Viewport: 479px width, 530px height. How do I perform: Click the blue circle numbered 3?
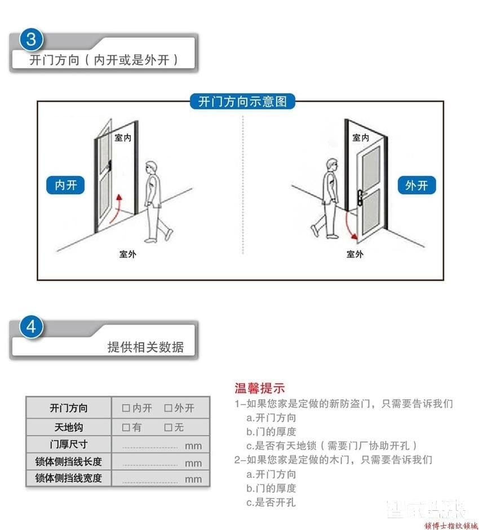click(x=32, y=39)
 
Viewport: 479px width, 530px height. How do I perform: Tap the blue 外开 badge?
click(x=416, y=185)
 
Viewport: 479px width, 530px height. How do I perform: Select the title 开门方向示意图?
click(x=242, y=101)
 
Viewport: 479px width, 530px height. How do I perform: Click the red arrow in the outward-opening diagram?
click(x=352, y=225)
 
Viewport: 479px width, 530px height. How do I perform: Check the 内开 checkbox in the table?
click(x=126, y=408)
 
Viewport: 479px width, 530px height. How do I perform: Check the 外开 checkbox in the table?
click(x=168, y=408)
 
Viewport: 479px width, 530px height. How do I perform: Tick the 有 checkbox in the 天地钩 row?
click(x=126, y=427)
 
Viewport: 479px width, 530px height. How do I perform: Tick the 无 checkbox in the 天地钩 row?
click(x=168, y=427)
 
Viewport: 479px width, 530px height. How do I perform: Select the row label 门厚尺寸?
click(x=69, y=444)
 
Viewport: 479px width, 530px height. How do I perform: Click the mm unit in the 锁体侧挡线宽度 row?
click(x=193, y=479)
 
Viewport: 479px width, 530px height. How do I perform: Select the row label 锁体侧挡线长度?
click(x=69, y=462)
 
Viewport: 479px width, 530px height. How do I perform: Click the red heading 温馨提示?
click(x=260, y=388)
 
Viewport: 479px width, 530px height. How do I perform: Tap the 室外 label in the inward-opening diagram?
click(x=127, y=254)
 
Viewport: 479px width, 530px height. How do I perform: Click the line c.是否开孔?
click(x=271, y=502)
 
